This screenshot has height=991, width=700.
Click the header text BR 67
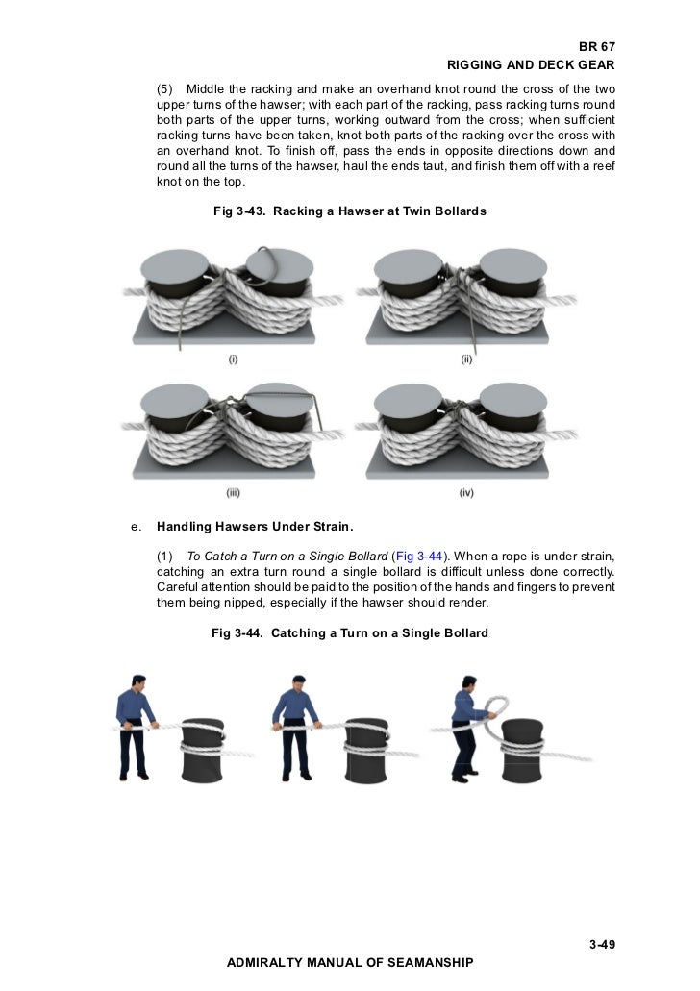tap(596, 47)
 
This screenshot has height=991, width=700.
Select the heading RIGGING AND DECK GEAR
tap(531, 65)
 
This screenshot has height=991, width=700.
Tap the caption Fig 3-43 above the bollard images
tap(350, 211)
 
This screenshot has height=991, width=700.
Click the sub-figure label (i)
tap(233, 359)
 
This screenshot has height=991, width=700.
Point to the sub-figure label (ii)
tap(466, 359)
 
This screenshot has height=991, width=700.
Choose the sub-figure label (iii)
tap(233, 493)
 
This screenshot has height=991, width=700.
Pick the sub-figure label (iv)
tap(466, 493)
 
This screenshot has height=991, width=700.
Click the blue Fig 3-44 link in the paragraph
tap(418, 557)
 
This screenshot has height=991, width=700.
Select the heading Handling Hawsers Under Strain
tap(255, 527)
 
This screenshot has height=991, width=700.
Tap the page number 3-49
tap(602, 944)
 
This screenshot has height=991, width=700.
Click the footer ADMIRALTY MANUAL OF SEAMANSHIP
tap(350, 962)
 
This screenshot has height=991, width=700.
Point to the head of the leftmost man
tap(138, 683)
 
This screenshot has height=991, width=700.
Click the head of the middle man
tap(299, 683)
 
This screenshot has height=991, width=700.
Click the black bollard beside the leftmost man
tap(202, 750)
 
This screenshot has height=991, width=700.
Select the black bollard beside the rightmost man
tap(522, 750)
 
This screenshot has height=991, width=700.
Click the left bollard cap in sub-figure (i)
tap(175, 265)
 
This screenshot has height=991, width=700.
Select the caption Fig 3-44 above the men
tap(350, 633)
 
